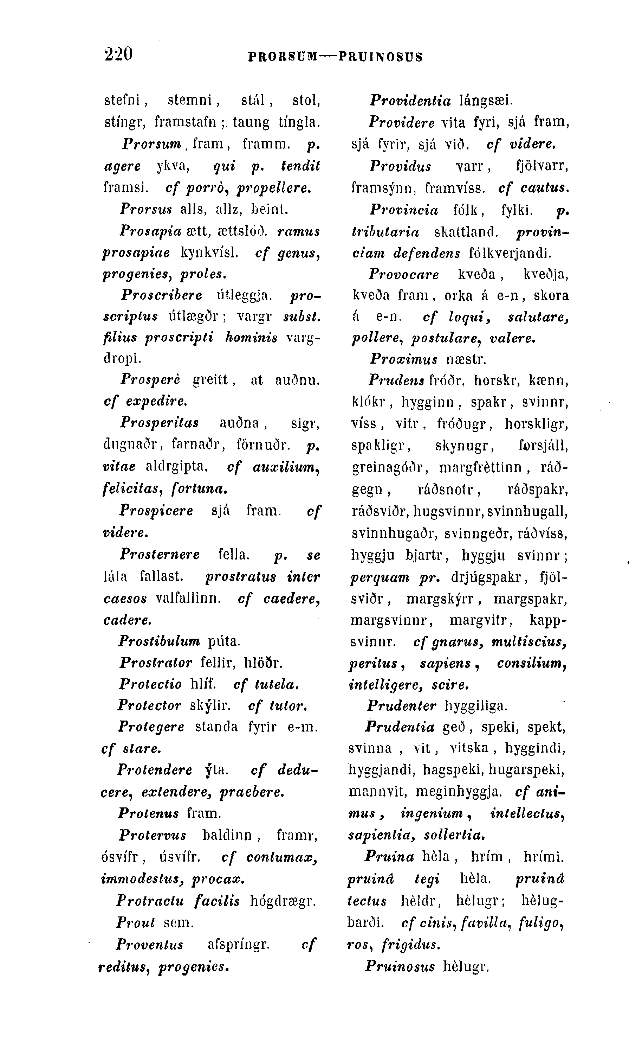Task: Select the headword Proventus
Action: (150, 945)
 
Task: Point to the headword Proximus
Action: (403, 359)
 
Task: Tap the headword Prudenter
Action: (401, 706)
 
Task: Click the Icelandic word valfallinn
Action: (188, 598)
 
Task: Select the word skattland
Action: (465, 232)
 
